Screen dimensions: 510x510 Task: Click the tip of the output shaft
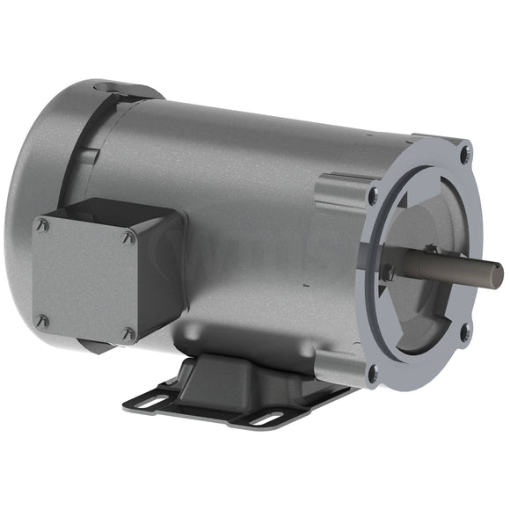pos(497,275)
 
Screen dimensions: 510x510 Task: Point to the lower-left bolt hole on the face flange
pos(373,373)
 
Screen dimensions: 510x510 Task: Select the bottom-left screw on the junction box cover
pos(41,322)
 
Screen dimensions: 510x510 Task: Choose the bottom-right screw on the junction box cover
pos(128,334)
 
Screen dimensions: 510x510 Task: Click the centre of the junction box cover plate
pos(84,280)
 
